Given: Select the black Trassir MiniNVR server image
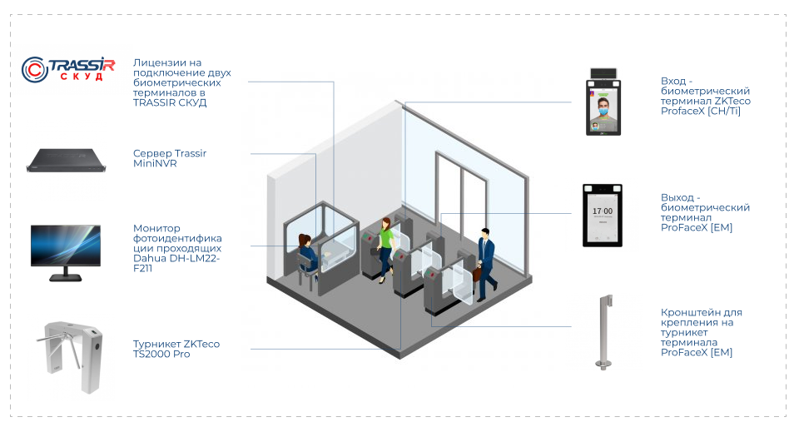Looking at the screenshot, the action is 67,160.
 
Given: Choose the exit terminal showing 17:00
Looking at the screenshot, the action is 603,214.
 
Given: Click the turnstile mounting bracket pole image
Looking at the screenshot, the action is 603,330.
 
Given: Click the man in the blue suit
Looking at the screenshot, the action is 485,260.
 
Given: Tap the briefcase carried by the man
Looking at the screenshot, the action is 478,274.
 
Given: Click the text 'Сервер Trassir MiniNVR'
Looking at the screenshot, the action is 169,158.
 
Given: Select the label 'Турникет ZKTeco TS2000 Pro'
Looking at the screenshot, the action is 176,349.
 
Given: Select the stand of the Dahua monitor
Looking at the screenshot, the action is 66,275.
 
